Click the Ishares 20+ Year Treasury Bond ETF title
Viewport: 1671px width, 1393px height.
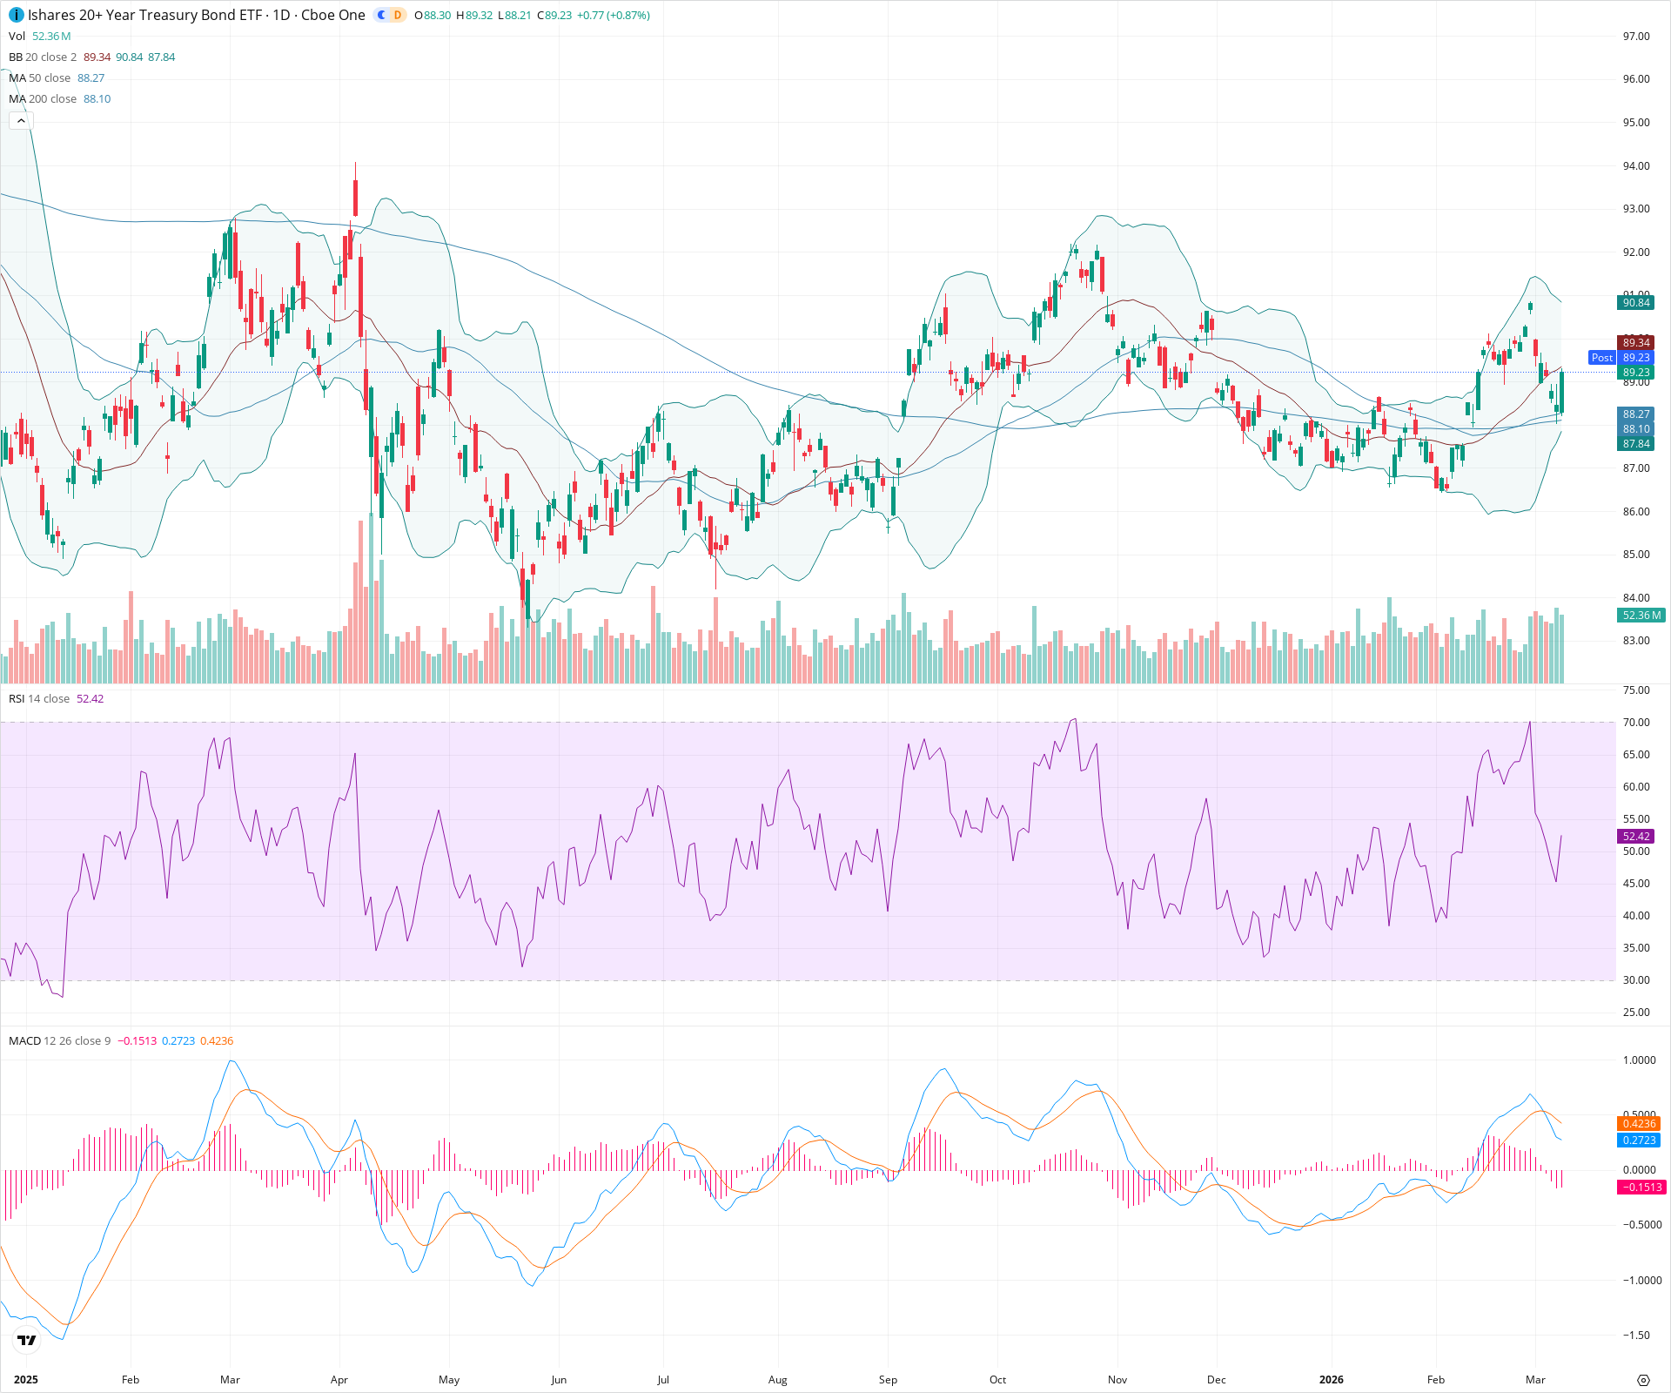(x=144, y=15)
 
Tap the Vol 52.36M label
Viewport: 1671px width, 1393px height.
(x=39, y=36)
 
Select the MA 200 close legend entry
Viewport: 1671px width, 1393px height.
(x=59, y=98)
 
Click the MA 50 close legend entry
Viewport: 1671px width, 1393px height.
(x=56, y=77)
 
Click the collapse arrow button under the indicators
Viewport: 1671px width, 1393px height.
(x=21, y=121)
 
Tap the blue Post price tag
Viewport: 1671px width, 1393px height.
(x=1601, y=358)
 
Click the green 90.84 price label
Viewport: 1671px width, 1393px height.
(x=1635, y=303)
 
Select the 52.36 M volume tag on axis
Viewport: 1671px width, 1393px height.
(x=1641, y=616)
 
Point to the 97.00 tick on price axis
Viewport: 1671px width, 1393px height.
(x=1635, y=36)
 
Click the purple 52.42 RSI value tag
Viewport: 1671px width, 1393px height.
(x=1635, y=836)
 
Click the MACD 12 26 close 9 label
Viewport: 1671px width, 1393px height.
(x=59, y=1040)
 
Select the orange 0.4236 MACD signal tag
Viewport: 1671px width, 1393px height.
(x=1639, y=1124)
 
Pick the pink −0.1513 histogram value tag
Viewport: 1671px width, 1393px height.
(x=1639, y=1188)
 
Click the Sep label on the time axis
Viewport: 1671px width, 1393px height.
(x=888, y=1379)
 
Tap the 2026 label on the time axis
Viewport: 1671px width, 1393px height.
(x=1331, y=1379)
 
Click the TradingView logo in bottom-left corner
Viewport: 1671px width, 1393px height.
(x=27, y=1340)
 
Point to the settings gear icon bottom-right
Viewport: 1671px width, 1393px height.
(x=1643, y=1380)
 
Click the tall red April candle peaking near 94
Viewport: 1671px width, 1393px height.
(x=356, y=196)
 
